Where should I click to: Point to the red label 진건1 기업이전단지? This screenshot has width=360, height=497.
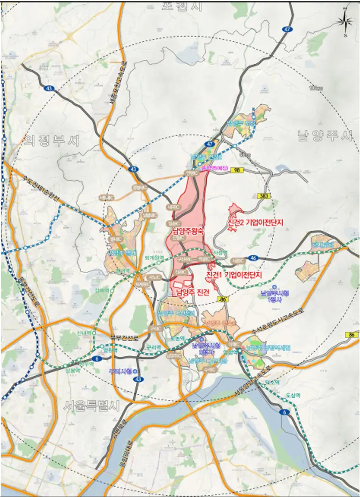233,275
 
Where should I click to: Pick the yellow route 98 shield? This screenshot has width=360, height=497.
236,172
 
